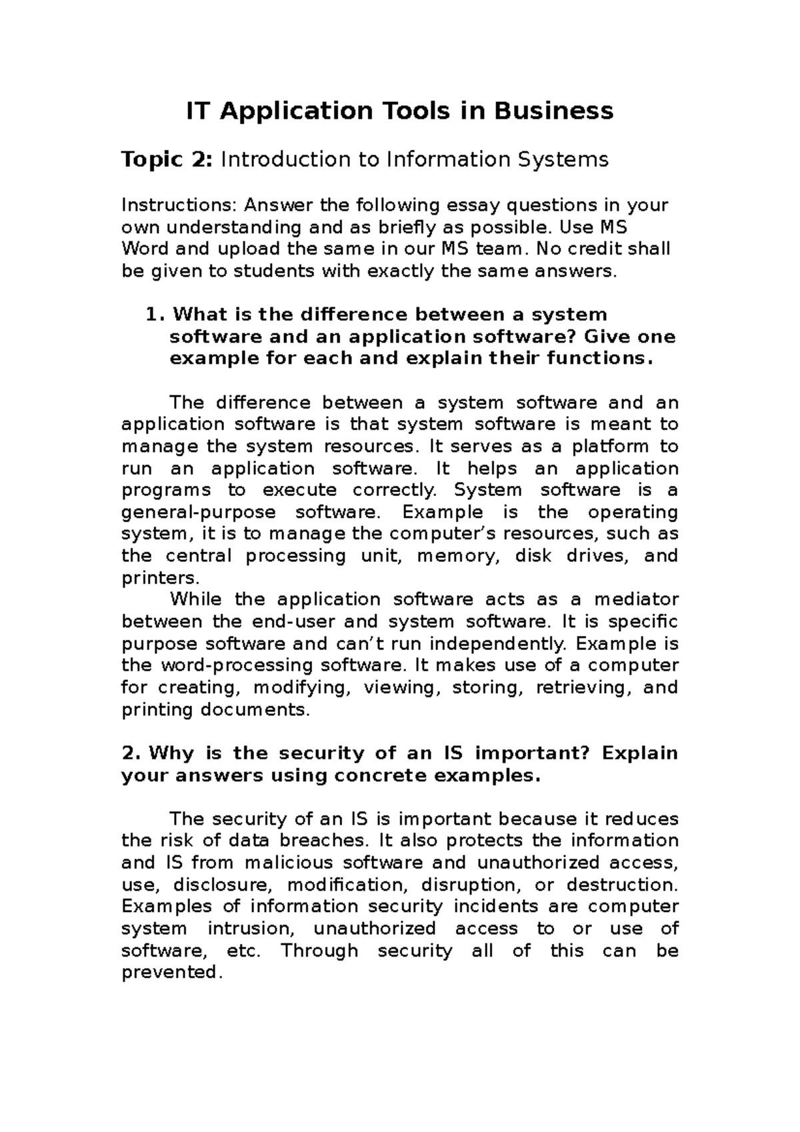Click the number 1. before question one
155,314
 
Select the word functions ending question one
596,359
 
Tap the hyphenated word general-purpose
199,512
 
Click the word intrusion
249,929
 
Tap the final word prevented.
170,973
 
